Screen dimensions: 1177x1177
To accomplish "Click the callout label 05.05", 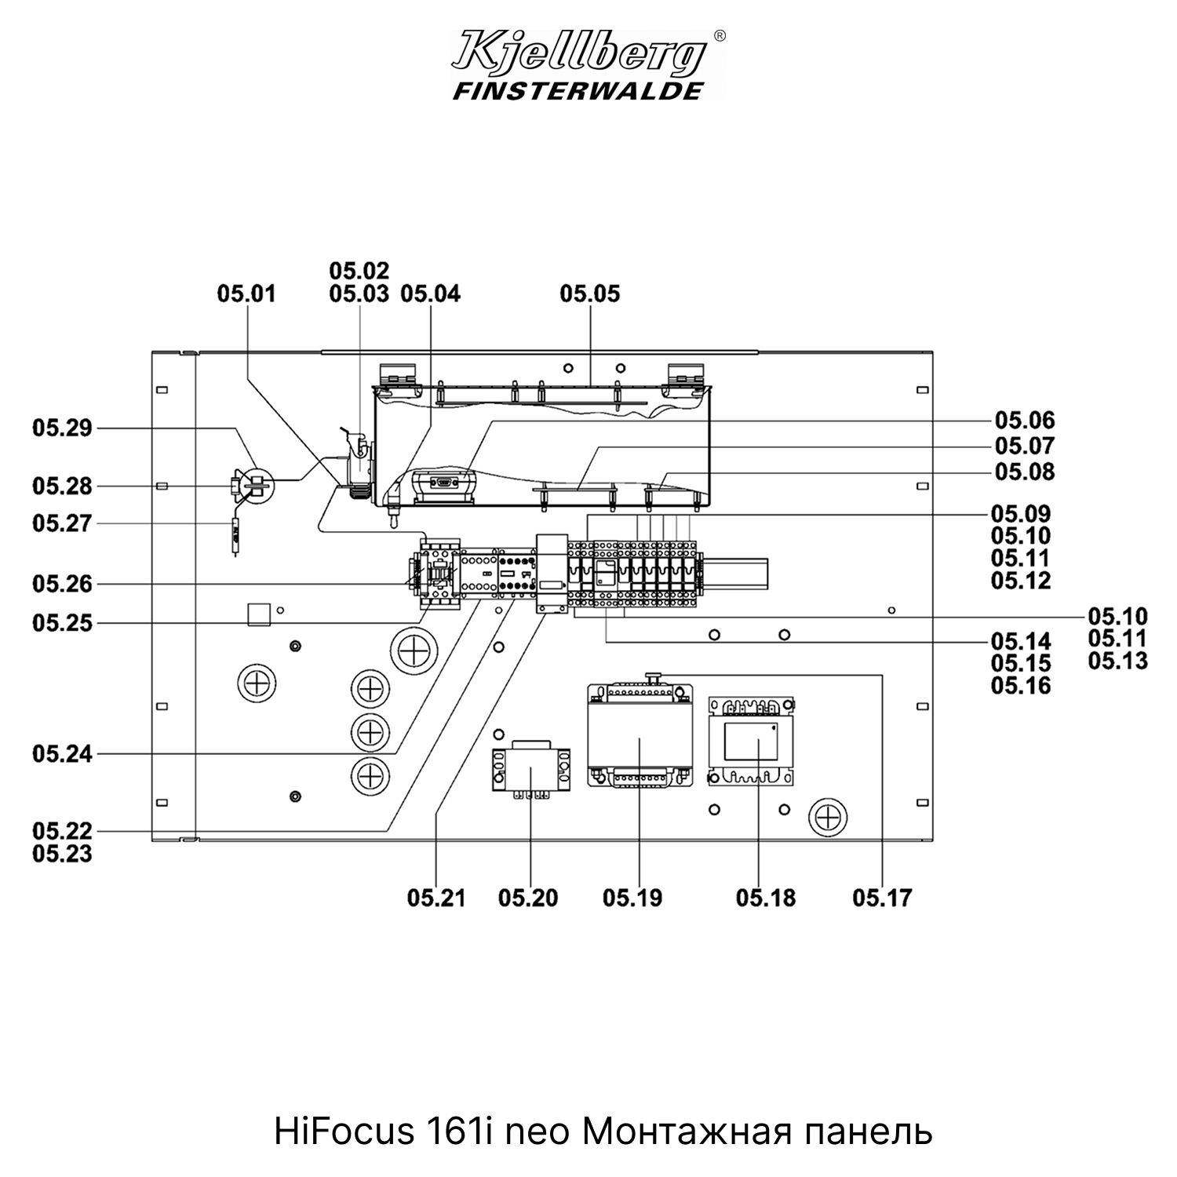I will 589,293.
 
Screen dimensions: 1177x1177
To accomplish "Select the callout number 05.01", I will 246,293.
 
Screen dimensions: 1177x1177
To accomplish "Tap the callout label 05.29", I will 62,428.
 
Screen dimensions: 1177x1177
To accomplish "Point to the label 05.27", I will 62,523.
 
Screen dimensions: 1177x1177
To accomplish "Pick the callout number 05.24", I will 62,755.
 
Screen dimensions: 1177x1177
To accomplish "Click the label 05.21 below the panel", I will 436,898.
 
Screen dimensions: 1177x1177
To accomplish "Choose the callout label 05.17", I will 883,898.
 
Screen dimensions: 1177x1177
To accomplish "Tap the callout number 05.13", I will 1118,661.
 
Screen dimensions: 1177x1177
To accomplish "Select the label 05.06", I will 1025,421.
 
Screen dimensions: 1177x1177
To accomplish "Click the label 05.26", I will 62,585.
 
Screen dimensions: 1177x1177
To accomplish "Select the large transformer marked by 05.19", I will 640,735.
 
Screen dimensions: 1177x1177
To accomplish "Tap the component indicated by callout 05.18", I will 751,741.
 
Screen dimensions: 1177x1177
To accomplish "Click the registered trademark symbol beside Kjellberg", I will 720,35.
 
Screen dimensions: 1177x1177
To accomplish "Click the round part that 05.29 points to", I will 256,486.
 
